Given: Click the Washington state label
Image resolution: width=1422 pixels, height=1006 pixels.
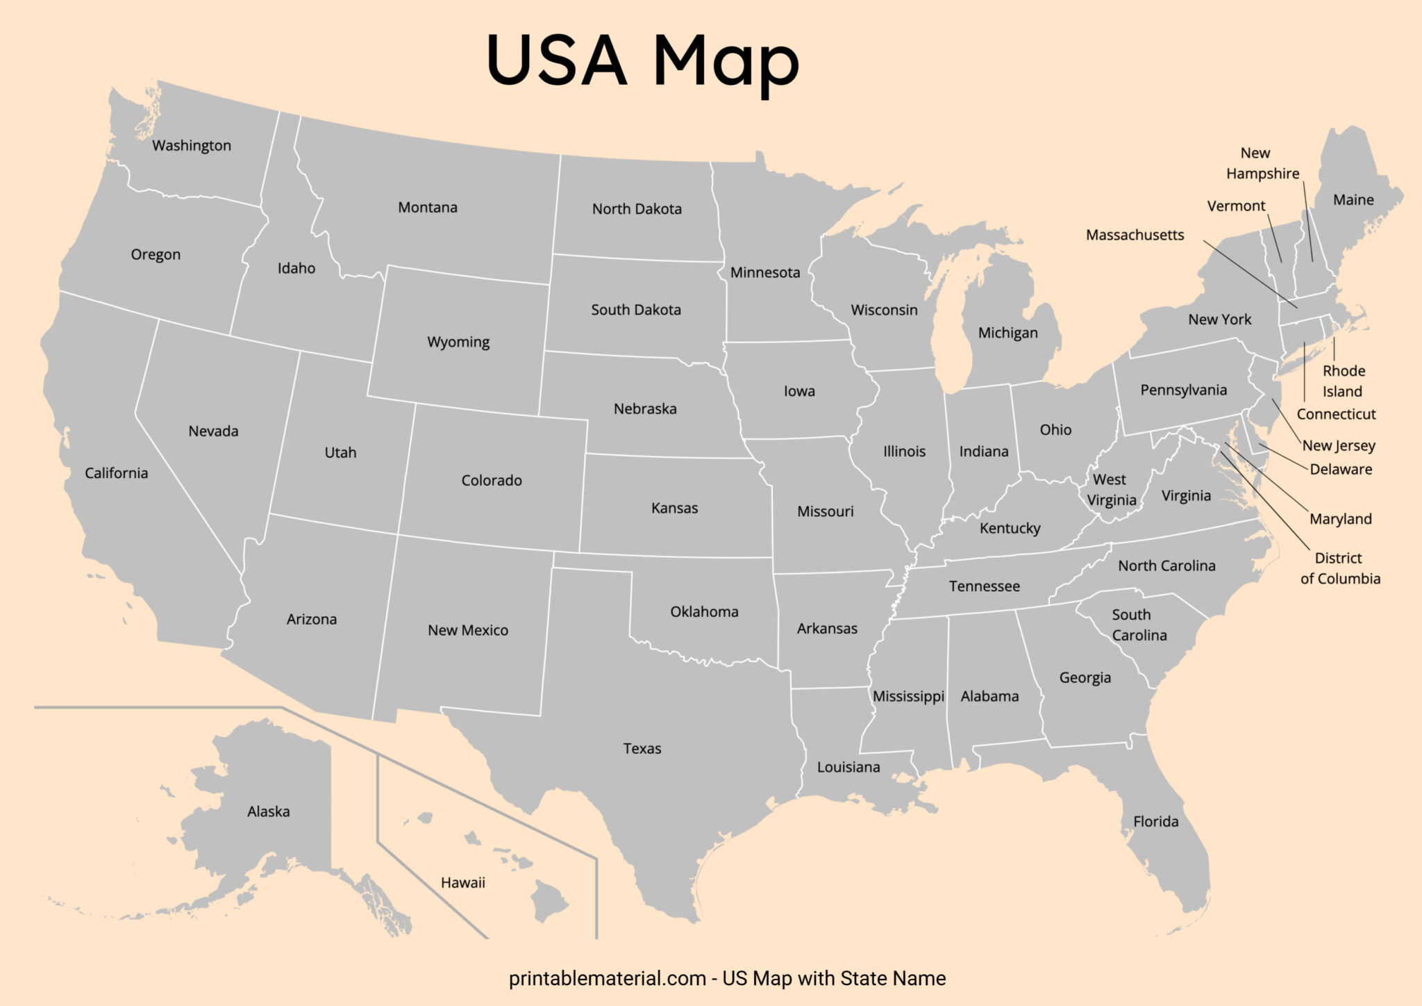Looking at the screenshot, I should pos(192,146).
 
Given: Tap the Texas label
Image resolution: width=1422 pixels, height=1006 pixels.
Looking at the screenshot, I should pos(642,749).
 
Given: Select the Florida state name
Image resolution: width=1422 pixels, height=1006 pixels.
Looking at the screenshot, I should pos(1155,822).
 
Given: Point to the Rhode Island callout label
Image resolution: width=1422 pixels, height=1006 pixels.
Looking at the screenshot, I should pos(1343,381).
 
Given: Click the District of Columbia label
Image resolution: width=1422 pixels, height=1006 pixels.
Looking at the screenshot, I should pos(1339,568).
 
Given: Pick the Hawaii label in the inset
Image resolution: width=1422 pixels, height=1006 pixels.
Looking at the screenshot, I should pos(462,883).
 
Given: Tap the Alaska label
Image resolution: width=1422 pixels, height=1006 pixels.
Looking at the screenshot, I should pos(268,811).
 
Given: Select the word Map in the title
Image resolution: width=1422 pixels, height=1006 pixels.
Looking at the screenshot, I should pos(726,63).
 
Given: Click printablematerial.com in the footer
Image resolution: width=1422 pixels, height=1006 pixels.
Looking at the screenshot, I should pos(607,979).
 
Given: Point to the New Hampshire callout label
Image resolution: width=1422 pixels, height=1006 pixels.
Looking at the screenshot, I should pos(1262,163).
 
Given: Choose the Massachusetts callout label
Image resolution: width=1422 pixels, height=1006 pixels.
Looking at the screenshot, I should pos(1135,236).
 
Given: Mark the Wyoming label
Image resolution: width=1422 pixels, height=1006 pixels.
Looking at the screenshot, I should pos(458,343).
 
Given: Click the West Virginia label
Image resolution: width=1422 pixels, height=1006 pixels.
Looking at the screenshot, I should pos(1111,490).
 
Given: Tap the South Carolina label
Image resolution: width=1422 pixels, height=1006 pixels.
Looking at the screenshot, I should pos(1139,625).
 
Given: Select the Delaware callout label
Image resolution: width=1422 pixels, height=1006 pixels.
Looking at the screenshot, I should pos(1341,470).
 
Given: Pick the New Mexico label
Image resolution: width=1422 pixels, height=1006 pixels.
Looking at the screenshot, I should pos(467,631).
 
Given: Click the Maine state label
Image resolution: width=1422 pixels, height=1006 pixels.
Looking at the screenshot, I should pos(1353,200).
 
